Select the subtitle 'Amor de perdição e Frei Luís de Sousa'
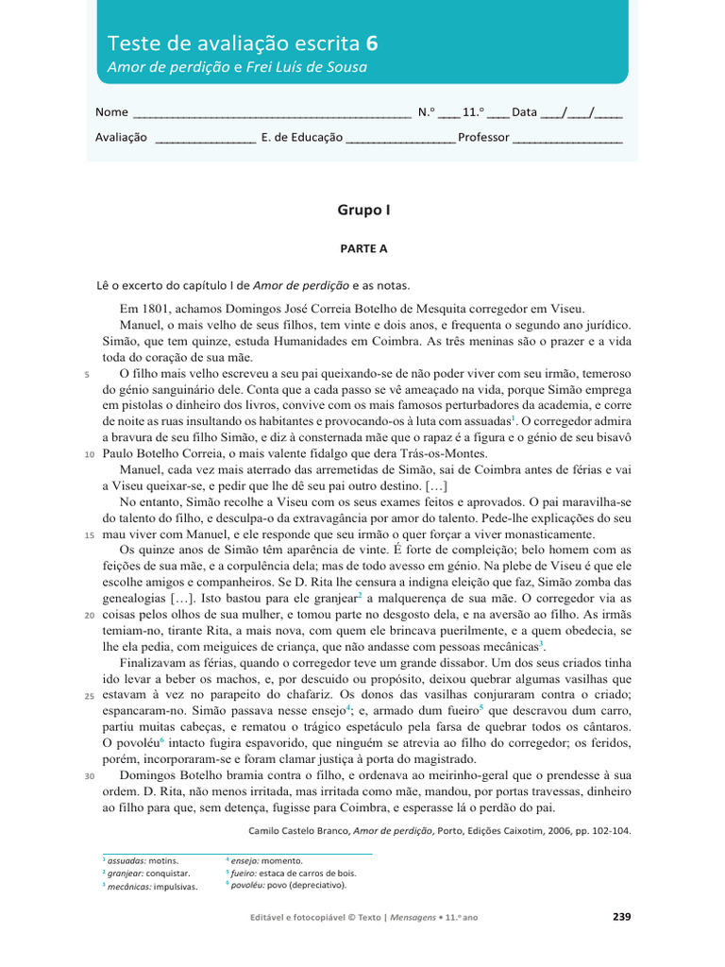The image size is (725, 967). click(x=237, y=68)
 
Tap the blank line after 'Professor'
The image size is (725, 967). click(x=567, y=139)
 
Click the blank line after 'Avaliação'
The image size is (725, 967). click(x=204, y=139)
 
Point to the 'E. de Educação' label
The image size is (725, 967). click(x=302, y=137)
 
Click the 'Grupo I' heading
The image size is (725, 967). click(x=363, y=211)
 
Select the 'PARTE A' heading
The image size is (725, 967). click(x=363, y=249)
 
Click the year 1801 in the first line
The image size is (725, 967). click(x=158, y=309)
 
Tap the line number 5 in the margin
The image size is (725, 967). click(x=87, y=374)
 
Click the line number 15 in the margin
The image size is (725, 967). click(x=89, y=534)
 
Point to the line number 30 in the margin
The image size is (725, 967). click(x=89, y=775)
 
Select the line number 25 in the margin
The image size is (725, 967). click(x=89, y=695)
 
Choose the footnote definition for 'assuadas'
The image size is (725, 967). click(x=143, y=861)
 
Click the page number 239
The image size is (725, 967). click(x=620, y=917)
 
